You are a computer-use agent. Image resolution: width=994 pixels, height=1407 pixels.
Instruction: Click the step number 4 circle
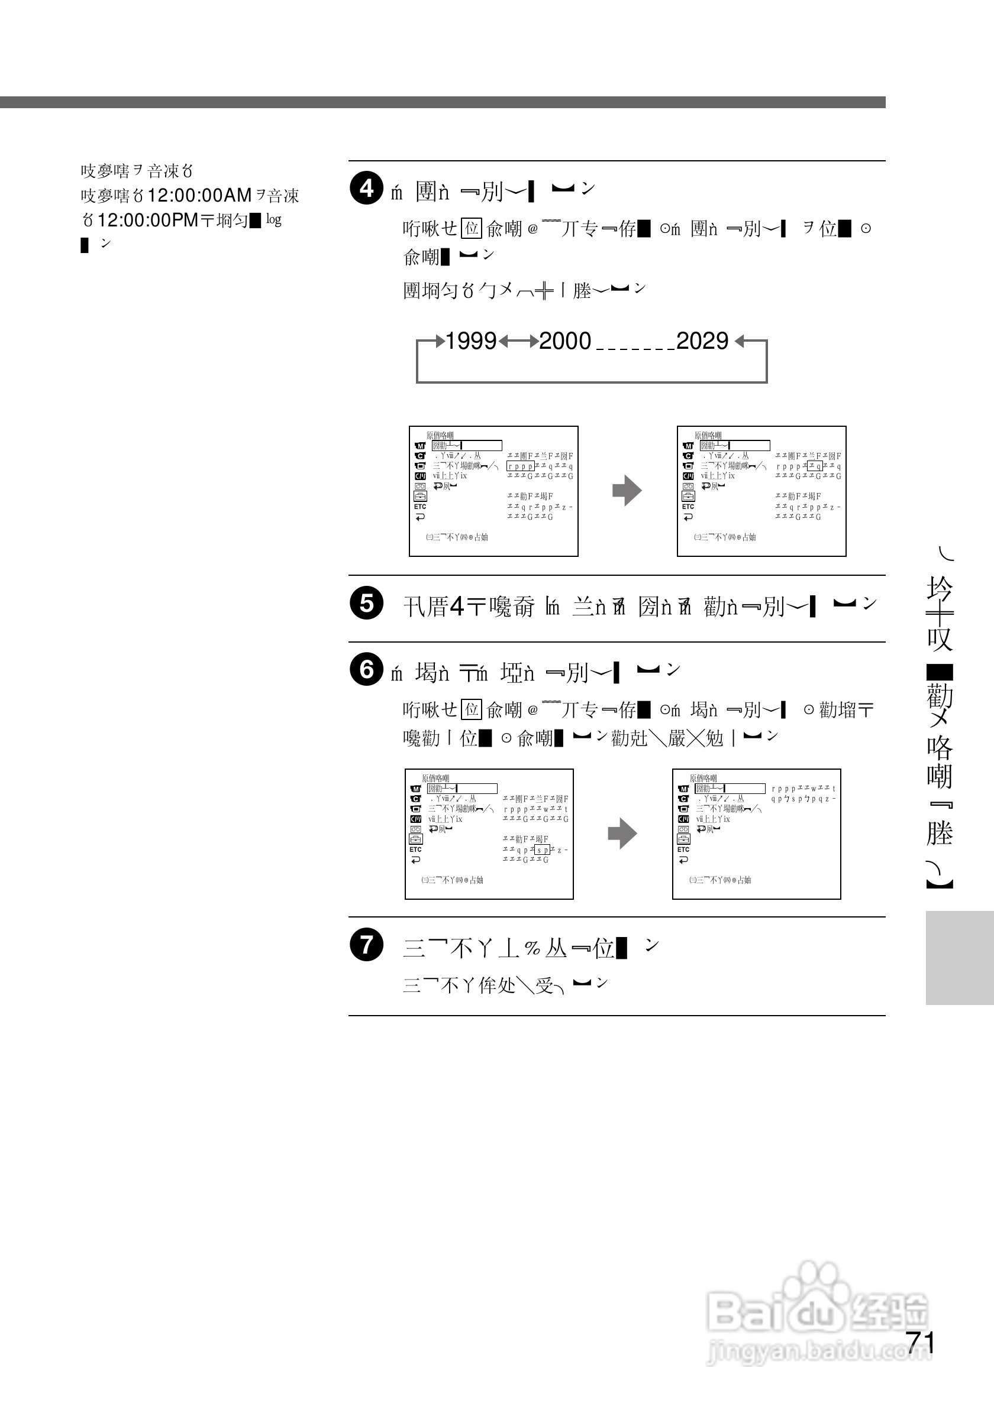point(367,188)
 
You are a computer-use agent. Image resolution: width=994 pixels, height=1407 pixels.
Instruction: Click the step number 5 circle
point(367,603)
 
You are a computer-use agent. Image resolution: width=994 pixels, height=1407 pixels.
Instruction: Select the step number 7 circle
point(367,944)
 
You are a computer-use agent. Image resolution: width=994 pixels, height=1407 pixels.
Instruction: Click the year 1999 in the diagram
point(470,341)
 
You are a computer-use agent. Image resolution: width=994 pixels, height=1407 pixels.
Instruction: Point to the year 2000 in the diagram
point(565,341)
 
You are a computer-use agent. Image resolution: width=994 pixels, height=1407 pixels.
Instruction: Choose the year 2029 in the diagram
point(702,341)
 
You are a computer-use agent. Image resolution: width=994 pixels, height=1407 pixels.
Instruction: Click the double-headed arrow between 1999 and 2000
point(518,341)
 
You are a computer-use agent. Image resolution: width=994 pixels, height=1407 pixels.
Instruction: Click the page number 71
point(920,1343)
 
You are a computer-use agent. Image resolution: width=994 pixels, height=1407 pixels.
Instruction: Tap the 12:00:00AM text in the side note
point(199,196)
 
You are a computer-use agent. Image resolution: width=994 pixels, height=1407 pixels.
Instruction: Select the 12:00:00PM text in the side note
point(148,220)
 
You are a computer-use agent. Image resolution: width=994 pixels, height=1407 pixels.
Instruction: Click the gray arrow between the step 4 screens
point(627,490)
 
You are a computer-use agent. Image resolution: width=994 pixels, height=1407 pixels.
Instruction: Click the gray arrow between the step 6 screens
point(622,834)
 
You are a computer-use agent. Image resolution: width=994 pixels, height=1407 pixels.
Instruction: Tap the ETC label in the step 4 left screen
point(420,507)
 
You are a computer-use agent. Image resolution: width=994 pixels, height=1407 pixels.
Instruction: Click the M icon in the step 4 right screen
point(688,446)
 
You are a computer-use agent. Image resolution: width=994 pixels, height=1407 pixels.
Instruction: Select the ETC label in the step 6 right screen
point(683,850)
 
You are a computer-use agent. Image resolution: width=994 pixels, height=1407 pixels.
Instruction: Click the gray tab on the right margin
point(960,957)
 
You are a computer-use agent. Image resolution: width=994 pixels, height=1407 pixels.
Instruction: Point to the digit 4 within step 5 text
point(457,607)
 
